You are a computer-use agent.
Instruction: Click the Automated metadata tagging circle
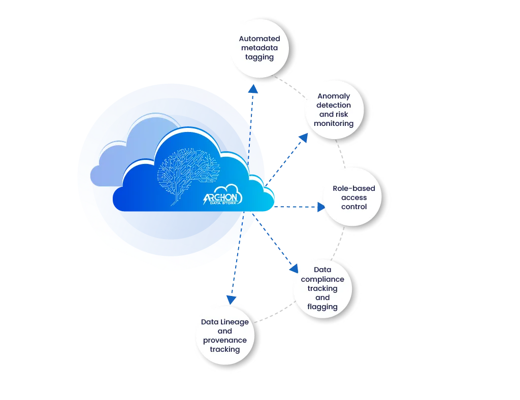pyautogui.click(x=259, y=48)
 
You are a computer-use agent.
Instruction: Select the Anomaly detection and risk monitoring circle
pyautogui.click(x=335, y=109)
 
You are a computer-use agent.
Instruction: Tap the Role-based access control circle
pyautogui.click(x=353, y=197)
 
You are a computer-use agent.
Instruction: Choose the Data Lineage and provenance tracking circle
pyautogui.click(x=225, y=336)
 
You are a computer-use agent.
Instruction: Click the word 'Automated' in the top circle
pyautogui.click(x=259, y=39)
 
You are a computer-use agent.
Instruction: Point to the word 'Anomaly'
pyautogui.click(x=334, y=96)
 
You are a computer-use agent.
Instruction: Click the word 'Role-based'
pyautogui.click(x=353, y=188)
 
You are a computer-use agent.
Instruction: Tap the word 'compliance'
pyautogui.click(x=322, y=279)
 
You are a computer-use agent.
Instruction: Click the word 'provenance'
pyautogui.click(x=225, y=340)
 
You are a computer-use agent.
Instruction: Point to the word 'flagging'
pyautogui.click(x=322, y=307)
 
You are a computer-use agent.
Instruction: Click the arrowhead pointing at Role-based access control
pyautogui.click(x=320, y=207)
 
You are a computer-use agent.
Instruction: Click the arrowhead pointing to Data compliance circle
pyautogui.click(x=293, y=267)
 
